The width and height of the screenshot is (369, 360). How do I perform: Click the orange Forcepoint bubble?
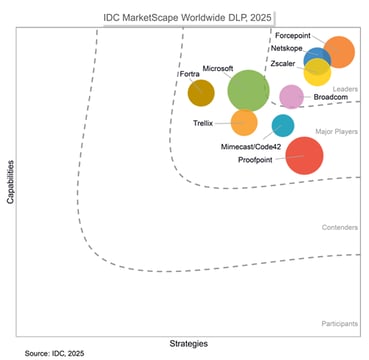340,51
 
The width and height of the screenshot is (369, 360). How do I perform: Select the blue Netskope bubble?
318,60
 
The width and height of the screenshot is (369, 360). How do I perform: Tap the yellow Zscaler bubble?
318,73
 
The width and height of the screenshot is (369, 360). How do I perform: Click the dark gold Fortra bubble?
201,93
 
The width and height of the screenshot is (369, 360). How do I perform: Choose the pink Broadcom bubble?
291,96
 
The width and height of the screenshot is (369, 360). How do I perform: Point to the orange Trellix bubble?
244,122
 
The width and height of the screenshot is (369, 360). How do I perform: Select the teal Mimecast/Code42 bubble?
283,125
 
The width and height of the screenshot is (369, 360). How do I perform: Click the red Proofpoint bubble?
305,155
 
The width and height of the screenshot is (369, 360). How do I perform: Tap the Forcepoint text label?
292,35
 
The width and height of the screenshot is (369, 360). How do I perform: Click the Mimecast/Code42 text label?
249,146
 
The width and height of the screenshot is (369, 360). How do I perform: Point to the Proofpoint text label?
258,160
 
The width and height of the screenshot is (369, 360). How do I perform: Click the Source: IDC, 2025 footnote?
55,353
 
